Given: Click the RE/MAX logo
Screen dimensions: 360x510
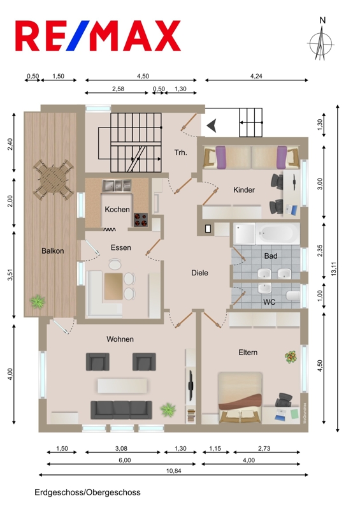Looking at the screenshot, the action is pyautogui.click(x=98, y=36).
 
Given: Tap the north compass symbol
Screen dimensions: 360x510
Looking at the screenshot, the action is pyautogui.click(x=321, y=40).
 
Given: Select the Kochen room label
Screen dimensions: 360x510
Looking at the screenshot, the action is pyautogui.click(x=117, y=210).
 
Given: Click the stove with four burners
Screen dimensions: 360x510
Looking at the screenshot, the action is pyautogui.click(x=141, y=219).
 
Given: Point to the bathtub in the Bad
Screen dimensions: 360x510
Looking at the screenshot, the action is pyautogui.click(x=278, y=233).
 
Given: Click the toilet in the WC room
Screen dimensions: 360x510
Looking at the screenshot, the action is pyautogui.click(x=292, y=296).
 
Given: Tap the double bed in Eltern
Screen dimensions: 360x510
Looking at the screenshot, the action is pyautogui.click(x=240, y=397).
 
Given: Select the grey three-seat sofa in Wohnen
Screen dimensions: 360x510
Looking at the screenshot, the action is pyautogui.click(x=121, y=410).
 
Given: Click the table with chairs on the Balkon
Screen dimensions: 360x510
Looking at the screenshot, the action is pyautogui.click(x=54, y=179).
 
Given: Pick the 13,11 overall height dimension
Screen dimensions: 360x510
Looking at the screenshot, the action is pyautogui.click(x=335, y=268).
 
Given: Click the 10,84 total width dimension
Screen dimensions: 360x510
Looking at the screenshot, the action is pyautogui.click(x=174, y=471).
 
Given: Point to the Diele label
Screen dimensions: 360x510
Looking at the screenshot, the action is pyautogui.click(x=199, y=273).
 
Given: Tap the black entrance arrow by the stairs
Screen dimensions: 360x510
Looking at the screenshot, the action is pyautogui.click(x=212, y=126).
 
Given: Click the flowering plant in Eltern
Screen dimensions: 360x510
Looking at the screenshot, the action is pyautogui.click(x=290, y=357).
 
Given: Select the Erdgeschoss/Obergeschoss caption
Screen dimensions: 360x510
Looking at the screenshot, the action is pyautogui.click(x=87, y=492).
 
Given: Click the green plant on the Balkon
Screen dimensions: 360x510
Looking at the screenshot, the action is pyautogui.click(x=38, y=302).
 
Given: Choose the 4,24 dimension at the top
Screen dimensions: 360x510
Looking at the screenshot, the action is pyautogui.click(x=256, y=76).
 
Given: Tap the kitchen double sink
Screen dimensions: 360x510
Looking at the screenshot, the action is pyautogui.click(x=117, y=186).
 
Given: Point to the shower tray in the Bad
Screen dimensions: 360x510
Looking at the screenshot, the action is pyautogui.click(x=244, y=233).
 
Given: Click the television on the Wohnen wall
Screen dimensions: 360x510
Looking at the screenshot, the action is pyautogui.click(x=191, y=386).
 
